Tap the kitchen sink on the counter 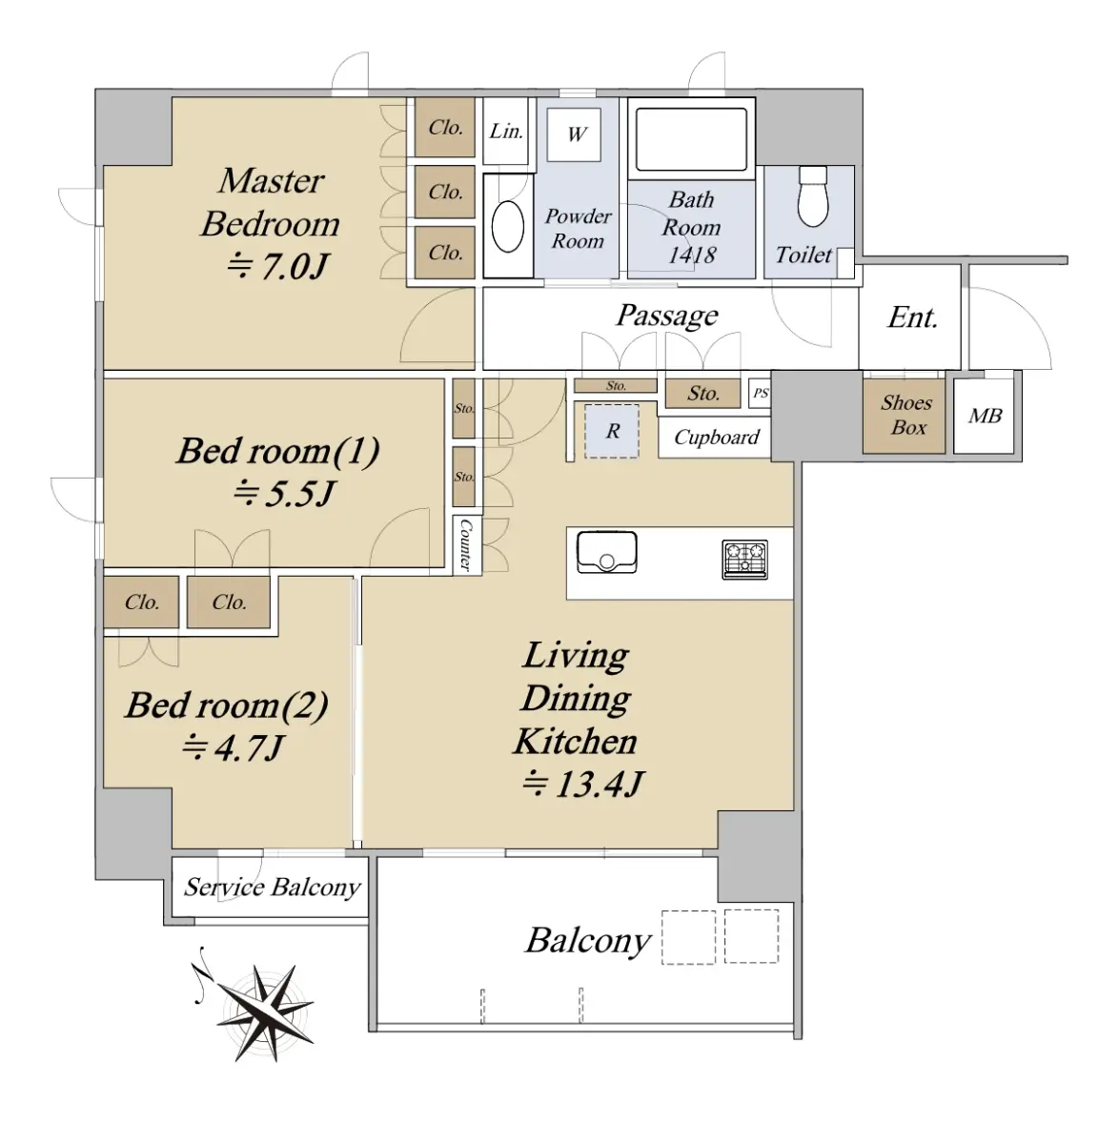607,551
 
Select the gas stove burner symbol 744,559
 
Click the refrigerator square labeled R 612,432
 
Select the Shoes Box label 906,415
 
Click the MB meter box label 985,416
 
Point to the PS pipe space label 760,393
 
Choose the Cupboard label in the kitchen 717,438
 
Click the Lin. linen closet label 506,132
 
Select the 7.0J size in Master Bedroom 276,266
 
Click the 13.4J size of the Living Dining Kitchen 583,783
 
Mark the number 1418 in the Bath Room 692,255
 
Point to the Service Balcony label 272,888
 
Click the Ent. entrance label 912,317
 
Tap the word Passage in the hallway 667,316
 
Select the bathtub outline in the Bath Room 691,139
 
